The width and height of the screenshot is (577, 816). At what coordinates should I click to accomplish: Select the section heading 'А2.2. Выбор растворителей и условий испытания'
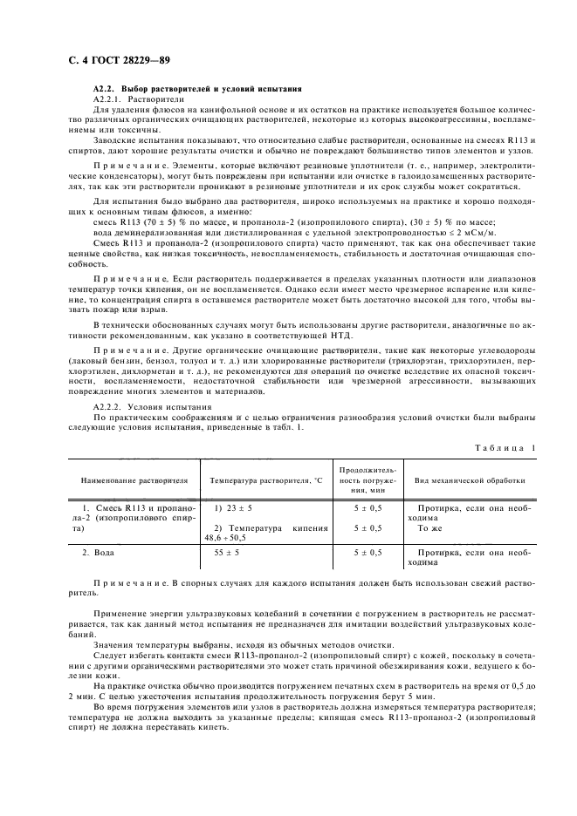coord(197,90)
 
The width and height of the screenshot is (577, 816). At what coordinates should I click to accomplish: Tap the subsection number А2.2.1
coord(109,100)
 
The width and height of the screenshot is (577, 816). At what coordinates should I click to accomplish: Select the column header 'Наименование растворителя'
coord(134,480)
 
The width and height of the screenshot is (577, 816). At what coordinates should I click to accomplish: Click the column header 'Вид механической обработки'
coord(470,480)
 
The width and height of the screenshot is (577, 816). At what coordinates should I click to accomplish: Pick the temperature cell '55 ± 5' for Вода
coord(227,553)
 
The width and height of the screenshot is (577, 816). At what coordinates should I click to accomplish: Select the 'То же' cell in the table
coord(429,528)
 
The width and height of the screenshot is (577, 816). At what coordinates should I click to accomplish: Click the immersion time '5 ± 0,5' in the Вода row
coord(367,553)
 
